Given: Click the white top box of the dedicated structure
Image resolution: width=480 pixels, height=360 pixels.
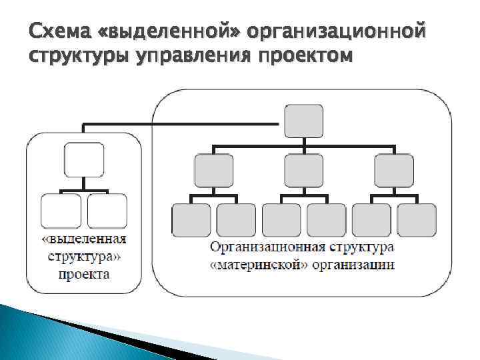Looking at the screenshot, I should pyautogui.click(x=84, y=159).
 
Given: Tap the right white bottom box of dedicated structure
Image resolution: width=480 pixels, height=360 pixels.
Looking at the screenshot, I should pyautogui.click(x=107, y=211).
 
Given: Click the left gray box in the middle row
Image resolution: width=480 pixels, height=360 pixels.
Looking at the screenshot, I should pyautogui.click(x=213, y=171).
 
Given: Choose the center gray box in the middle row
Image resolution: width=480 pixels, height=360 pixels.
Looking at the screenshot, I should pyautogui.click(x=303, y=171).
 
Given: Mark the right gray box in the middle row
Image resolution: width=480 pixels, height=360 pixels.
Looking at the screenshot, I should pyautogui.click(x=394, y=171).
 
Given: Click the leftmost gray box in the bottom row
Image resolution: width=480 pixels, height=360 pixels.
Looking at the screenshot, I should pyautogui.click(x=191, y=221).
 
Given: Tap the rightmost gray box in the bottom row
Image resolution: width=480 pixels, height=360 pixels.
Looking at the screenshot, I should pyautogui.click(x=417, y=221).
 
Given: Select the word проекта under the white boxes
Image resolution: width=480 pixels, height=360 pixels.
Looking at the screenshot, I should pyautogui.click(x=83, y=273).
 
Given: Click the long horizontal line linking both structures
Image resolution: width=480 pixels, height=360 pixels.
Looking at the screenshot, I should pyautogui.click(x=180, y=123).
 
